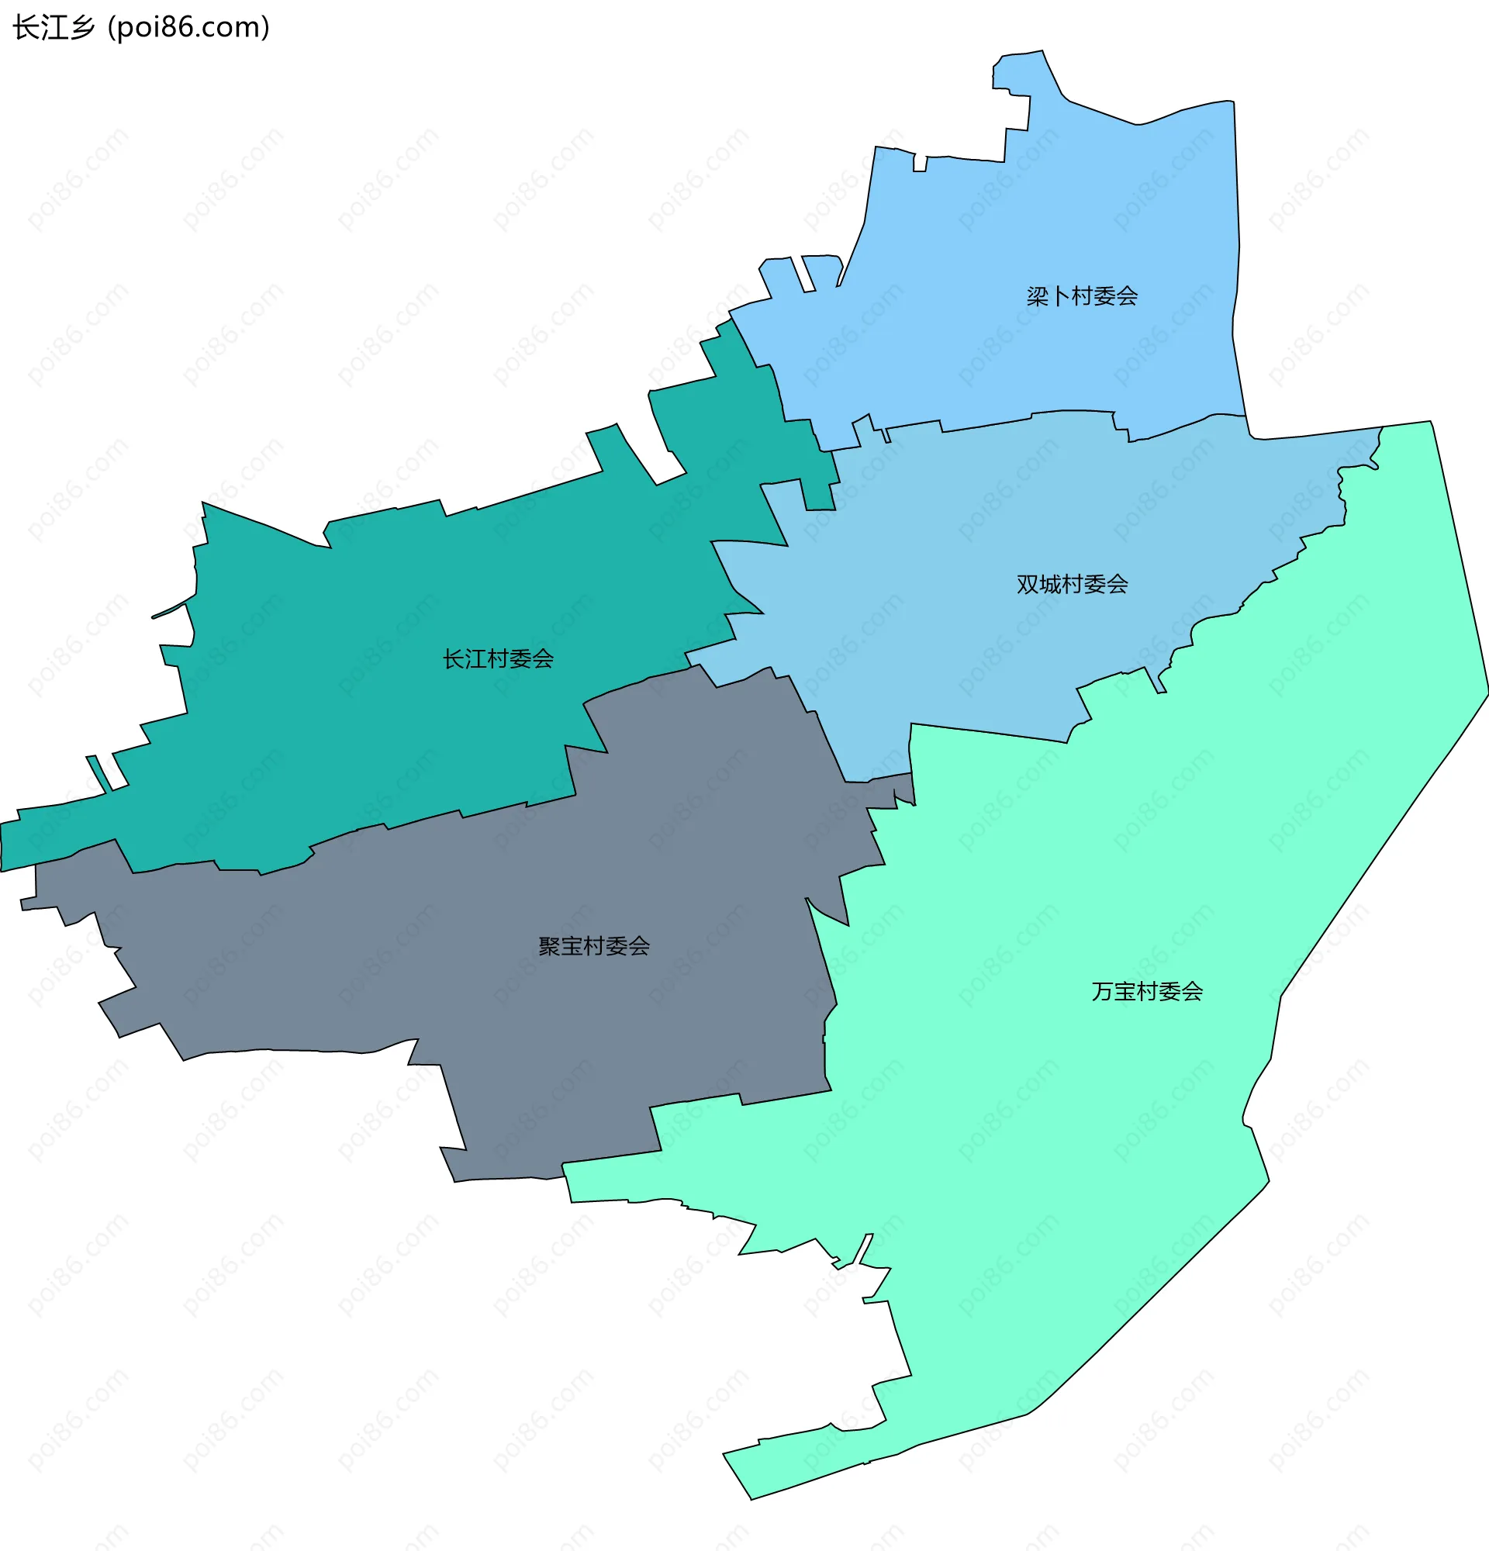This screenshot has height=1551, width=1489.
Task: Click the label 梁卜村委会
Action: [1082, 297]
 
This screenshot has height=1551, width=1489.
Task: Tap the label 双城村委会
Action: [1072, 585]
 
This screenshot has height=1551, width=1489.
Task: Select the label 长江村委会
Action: [498, 659]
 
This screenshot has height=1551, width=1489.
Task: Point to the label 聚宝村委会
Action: [593, 946]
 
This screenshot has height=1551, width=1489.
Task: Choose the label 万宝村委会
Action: [1146, 992]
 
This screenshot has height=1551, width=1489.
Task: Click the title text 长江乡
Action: [54, 28]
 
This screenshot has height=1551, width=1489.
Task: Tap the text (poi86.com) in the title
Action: [188, 28]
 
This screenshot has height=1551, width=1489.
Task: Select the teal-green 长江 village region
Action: [356, 712]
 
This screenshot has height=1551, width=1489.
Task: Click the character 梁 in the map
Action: [1037, 297]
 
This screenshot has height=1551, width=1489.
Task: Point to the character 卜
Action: [1059, 297]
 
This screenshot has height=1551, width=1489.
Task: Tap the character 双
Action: [1028, 585]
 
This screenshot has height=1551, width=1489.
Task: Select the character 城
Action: [1050, 585]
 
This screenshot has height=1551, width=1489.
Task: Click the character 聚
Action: [549, 946]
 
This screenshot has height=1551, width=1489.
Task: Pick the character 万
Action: [1102, 992]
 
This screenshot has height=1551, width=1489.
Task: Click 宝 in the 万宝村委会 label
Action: [1125, 992]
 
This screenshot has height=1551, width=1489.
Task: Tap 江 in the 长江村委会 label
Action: [475, 659]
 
